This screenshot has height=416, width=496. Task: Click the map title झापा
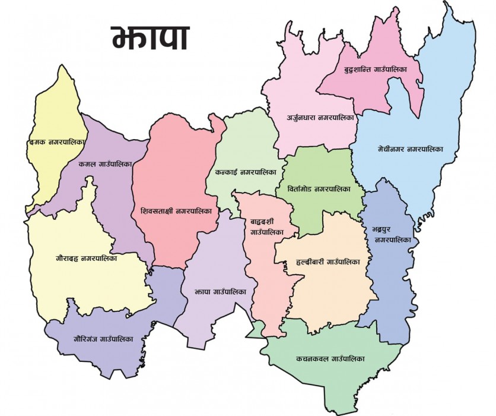pos(150,37)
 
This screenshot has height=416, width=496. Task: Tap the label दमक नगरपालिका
pos(58,143)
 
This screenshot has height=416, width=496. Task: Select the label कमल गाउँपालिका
pos(104,163)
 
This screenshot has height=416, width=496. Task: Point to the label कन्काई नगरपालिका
pos(242,173)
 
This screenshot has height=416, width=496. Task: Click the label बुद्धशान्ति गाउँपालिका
pos(375,70)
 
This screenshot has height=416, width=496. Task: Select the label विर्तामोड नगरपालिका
pos(314,189)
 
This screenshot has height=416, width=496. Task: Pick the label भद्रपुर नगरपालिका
pos(392,234)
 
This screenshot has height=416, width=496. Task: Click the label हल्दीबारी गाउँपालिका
pos(325,261)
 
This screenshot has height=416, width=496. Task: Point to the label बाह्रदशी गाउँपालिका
pos(266,226)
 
